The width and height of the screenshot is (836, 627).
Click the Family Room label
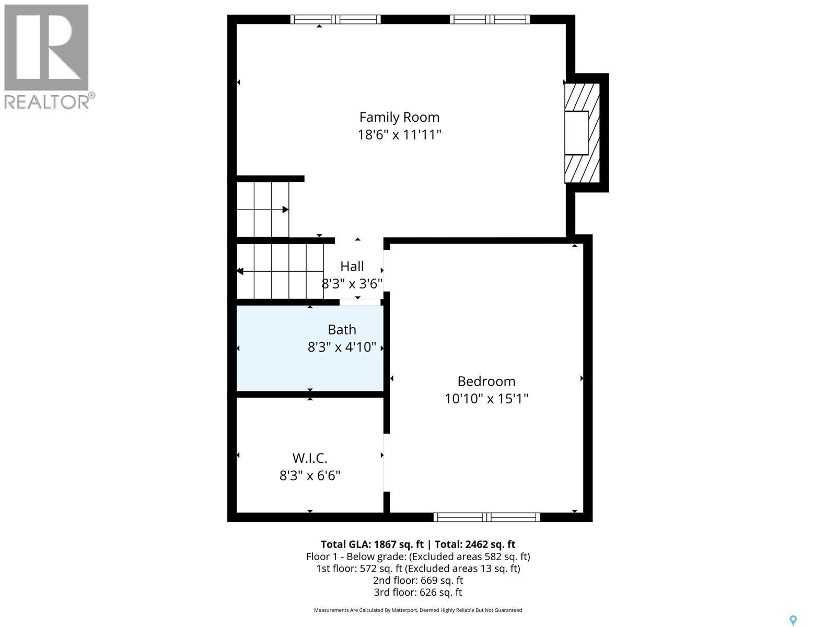point(399,117)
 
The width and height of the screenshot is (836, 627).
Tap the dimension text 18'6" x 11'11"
point(399,135)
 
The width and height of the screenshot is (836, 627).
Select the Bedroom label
point(486,381)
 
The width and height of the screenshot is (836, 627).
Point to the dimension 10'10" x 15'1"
point(486,399)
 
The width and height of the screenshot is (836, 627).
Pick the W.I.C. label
point(310,458)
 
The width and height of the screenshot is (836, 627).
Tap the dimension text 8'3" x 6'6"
point(310,475)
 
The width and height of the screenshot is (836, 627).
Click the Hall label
point(352,266)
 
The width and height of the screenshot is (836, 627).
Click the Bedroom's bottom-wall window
point(486,517)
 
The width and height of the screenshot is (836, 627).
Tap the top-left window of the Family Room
point(335,19)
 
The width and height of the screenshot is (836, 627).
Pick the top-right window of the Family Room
point(490,19)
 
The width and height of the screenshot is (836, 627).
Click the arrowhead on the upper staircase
point(285,210)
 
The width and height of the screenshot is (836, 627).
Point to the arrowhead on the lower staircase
point(240,271)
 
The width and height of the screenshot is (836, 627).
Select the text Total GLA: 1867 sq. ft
point(371,544)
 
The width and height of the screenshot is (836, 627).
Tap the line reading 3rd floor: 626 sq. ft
point(418,592)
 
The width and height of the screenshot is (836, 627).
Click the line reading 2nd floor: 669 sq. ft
point(418,580)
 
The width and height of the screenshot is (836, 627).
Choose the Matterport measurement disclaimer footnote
point(418,610)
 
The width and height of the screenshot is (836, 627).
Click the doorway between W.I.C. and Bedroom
point(387,462)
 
